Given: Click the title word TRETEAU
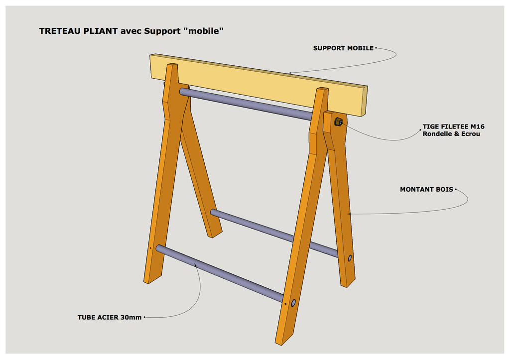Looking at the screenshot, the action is (x=60, y=31).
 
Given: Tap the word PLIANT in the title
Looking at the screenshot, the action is (x=101, y=31).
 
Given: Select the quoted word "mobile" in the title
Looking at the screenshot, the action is (x=204, y=31).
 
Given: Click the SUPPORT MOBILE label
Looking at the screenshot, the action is (x=343, y=48).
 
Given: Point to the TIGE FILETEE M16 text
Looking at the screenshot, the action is (x=453, y=126).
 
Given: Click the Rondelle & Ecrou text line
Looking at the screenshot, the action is (x=451, y=133).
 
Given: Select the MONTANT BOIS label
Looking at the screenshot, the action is (x=426, y=189).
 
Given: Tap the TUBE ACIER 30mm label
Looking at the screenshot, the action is (x=110, y=317).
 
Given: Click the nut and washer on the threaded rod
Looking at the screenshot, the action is (x=338, y=121).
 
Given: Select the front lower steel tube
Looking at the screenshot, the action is (x=220, y=273).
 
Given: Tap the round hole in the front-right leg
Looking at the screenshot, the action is (x=293, y=303).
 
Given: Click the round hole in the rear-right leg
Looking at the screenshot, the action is (x=350, y=258).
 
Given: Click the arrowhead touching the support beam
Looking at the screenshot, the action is (x=289, y=73).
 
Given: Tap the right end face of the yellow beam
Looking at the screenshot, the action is (x=364, y=101).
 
